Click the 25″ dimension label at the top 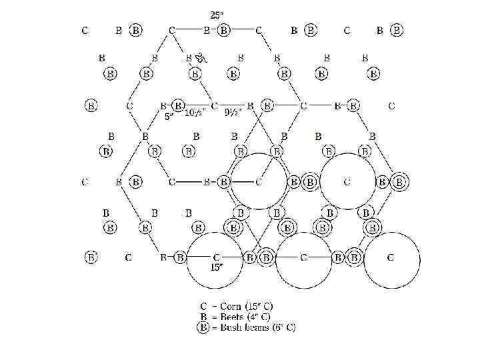tap(217, 15)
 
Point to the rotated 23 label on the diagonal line tap(201, 57)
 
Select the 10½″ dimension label tap(194, 113)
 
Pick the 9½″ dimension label tap(234, 113)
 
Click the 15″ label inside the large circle tap(216, 267)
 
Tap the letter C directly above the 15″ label tap(216, 257)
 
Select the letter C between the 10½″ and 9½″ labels tap(214, 105)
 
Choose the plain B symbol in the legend tap(203, 317)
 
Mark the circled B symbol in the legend tap(203, 327)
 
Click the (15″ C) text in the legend tap(262, 307)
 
